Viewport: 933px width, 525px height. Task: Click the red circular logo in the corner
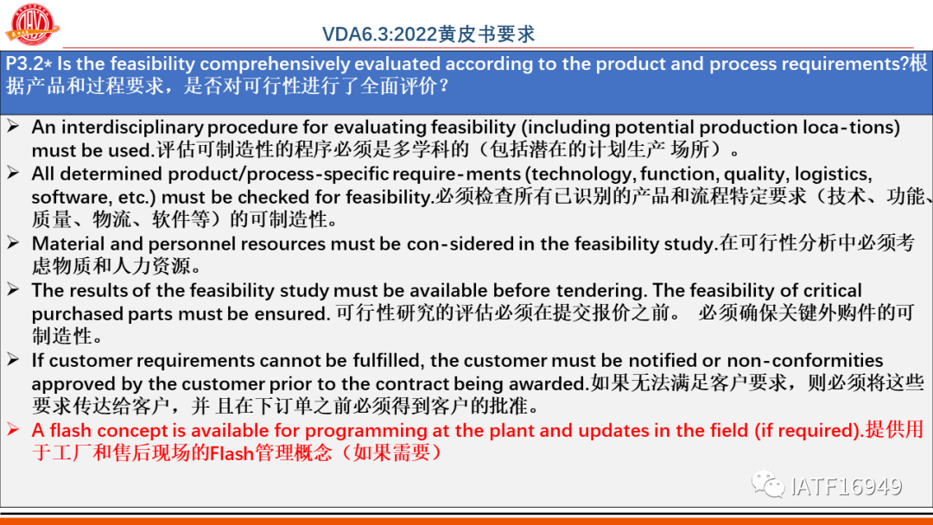(x=32, y=24)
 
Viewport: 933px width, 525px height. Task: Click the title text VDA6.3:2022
(x=379, y=34)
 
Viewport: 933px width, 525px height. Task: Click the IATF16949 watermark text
(x=846, y=486)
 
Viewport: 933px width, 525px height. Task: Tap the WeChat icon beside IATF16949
(x=768, y=484)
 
